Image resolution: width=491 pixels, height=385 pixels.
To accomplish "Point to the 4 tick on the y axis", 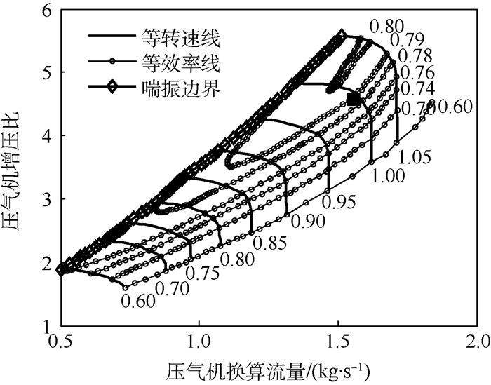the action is click(50, 136).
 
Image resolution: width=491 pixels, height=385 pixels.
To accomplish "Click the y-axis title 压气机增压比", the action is click(15, 167).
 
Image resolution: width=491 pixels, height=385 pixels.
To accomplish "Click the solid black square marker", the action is click(354, 100).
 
